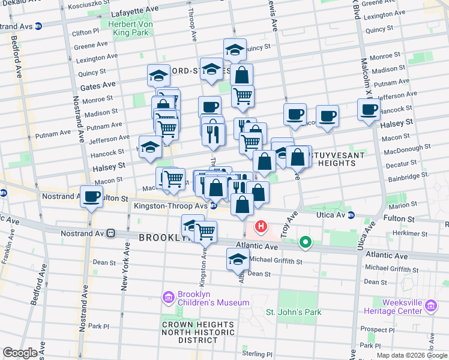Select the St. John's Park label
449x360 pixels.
tap(294, 312)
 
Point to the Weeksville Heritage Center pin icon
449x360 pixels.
tap(430, 307)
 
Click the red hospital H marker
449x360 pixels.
tap(261, 227)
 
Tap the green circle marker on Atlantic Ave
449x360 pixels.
tap(306, 242)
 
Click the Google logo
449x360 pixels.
tap(20, 353)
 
